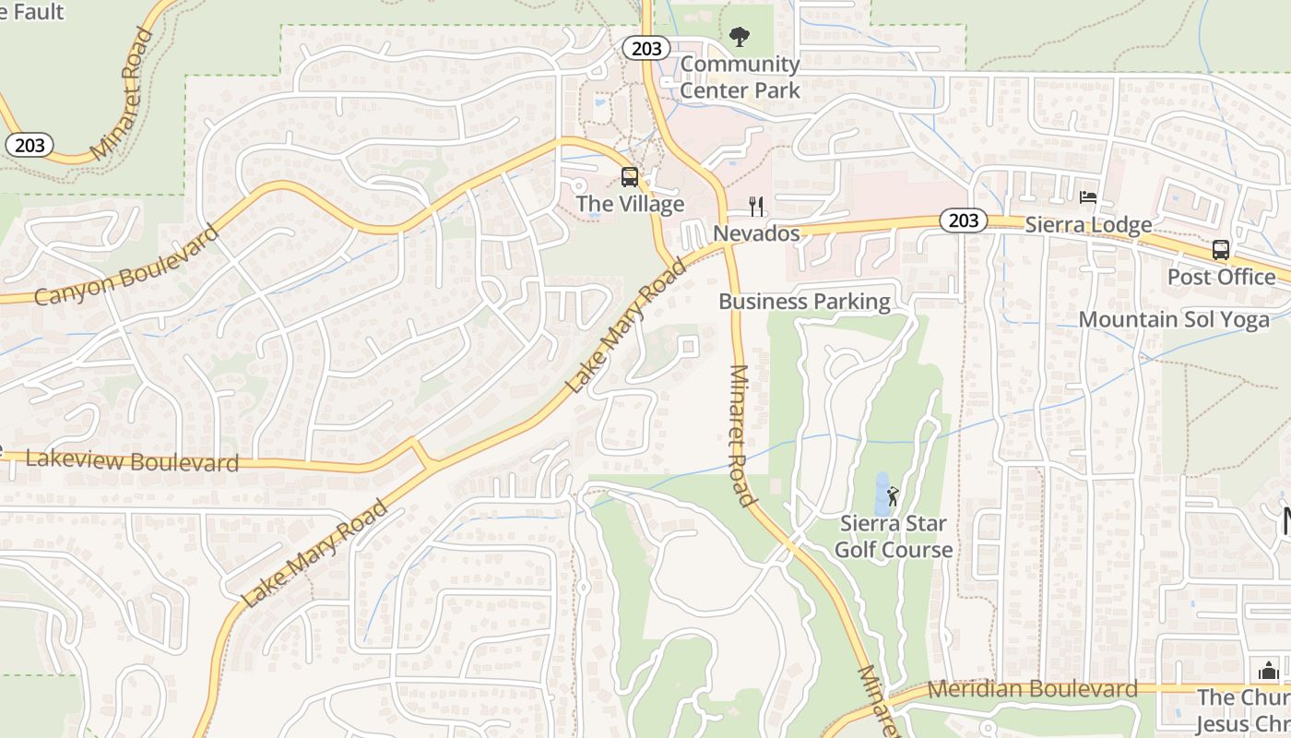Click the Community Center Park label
(740, 77)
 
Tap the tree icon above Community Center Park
(739, 37)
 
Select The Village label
(630, 204)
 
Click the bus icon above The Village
(630, 177)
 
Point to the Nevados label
(756, 233)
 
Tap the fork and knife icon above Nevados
(756, 206)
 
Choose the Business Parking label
(804, 302)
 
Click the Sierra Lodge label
(1088, 225)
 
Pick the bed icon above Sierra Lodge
(1088, 197)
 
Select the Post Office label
(1221, 277)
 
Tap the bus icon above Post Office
(1221, 250)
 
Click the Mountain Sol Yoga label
(1173, 320)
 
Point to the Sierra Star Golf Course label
(893, 537)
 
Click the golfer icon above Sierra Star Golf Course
(893, 496)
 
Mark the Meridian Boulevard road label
(1033, 689)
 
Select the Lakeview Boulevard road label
(133, 460)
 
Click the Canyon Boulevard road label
(128, 265)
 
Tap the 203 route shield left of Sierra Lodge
(963, 220)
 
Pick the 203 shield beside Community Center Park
(646, 48)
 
